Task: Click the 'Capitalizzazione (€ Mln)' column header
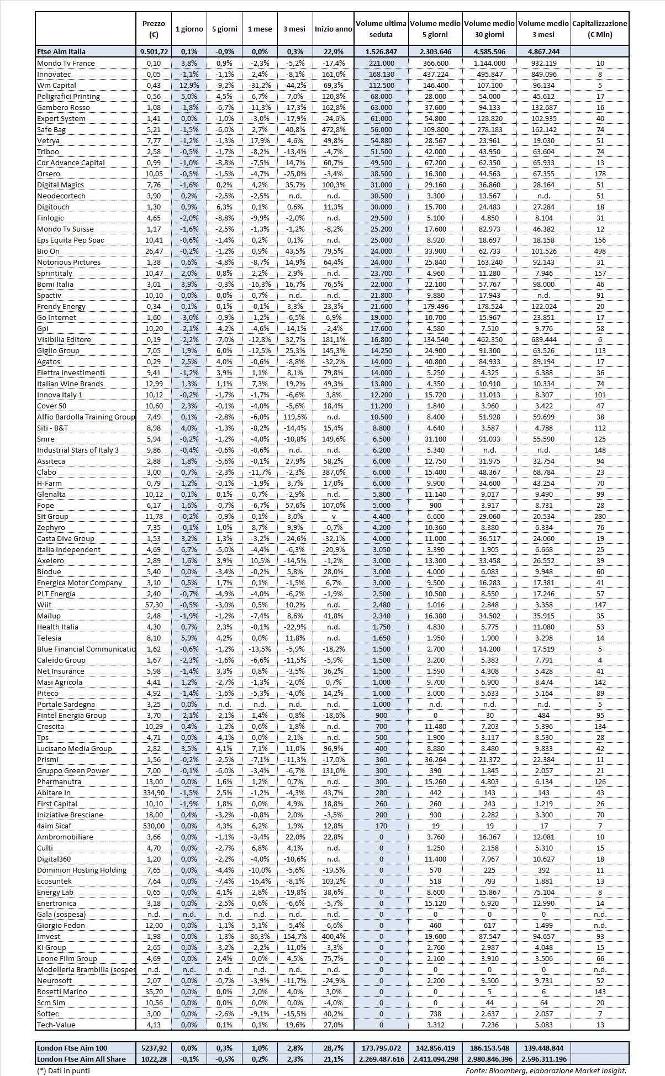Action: [x=600, y=29]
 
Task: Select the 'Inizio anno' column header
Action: [x=333, y=29]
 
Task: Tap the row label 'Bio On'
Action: [x=48, y=251]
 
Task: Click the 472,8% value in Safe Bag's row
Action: [x=333, y=129]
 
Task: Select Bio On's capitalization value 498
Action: [x=600, y=251]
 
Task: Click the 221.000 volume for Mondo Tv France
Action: [x=381, y=63]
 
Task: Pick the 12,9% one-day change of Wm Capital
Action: [x=189, y=85]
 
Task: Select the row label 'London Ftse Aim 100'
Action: [x=72, y=1048]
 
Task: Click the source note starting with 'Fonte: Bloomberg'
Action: [x=545, y=1070]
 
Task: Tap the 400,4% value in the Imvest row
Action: [x=333, y=936]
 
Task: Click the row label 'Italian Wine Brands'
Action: [x=70, y=384]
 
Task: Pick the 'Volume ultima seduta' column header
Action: [x=381, y=29]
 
